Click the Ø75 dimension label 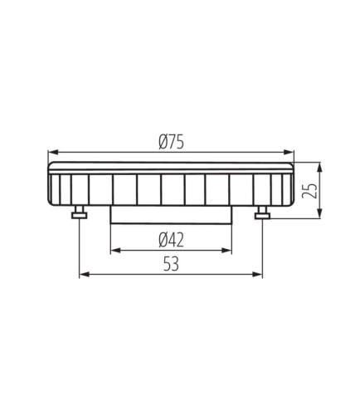click(171, 143)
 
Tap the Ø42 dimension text click(171, 240)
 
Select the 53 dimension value click(171, 264)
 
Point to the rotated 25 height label click(309, 191)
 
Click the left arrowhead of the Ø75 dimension click(53, 152)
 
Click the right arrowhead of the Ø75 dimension click(289, 152)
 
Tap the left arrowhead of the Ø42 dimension click(115, 251)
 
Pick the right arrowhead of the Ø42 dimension click(226, 251)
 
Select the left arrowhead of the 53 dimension click(85, 275)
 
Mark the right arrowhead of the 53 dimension click(257, 275)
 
